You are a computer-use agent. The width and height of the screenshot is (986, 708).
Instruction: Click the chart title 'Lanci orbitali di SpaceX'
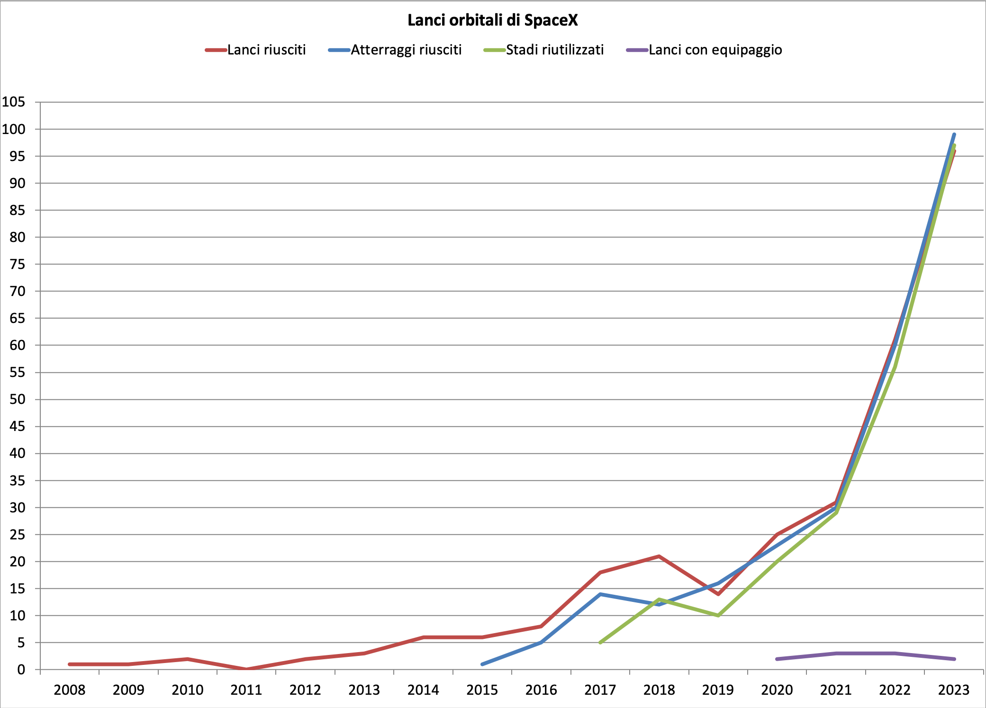pyautogui.click(x=493, y=20)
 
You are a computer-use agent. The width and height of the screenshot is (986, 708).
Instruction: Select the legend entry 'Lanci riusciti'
pyautogui.click(x=266, y=50)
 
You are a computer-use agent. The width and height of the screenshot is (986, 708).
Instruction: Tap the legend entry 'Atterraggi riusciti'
pyautogui.click(x=406, y=50)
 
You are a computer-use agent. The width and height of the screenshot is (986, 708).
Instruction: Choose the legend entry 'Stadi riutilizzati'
pyautogui.click(x=554, y=50)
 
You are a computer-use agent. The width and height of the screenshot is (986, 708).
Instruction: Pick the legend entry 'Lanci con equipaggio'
pyautogui.click(x=715, y=50)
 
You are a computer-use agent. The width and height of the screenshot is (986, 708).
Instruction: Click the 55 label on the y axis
pyautogui.click(x=17, y=372)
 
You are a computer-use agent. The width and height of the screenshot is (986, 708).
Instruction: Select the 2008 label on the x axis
pyautogui.click(x=70, y=690)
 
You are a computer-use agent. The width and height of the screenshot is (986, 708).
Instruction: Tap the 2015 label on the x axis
pyautogui.click(x=482, y=690)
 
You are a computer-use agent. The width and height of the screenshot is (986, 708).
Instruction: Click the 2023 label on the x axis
pyautogui.click(x=954, y=690)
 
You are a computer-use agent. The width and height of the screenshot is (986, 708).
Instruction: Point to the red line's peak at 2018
pyautogui.click(x=659, y=556)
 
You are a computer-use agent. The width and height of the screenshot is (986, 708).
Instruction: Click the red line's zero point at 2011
pyautogui.click(x=246, y=669)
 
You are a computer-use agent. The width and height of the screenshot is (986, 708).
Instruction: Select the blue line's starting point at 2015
pyautogui.click(x=482, y=664)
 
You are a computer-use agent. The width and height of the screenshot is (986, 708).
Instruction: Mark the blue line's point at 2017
pyautogui.click(x=600, y=594)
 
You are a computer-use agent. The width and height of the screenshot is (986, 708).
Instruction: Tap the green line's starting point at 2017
pyautogui.click(x=600, y=643)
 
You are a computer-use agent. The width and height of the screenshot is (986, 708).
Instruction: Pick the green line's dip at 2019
pyautogui.click(x=718, y=615)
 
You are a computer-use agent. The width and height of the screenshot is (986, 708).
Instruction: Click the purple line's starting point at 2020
pyautogui.click(x=777, y=659)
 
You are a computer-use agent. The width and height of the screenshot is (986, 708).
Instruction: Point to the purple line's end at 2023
pyautogui.click(x=954, y=659)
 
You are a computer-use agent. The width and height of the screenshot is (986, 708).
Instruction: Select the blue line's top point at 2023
pyautogui.click(x=954, y=134)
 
